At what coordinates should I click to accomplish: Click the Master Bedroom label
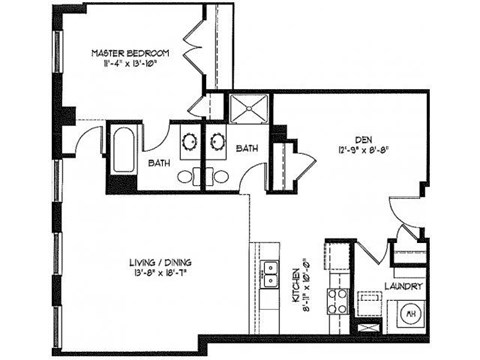point(131,52)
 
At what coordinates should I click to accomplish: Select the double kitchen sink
point(270,271)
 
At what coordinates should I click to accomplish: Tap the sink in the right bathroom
point(218,140)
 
